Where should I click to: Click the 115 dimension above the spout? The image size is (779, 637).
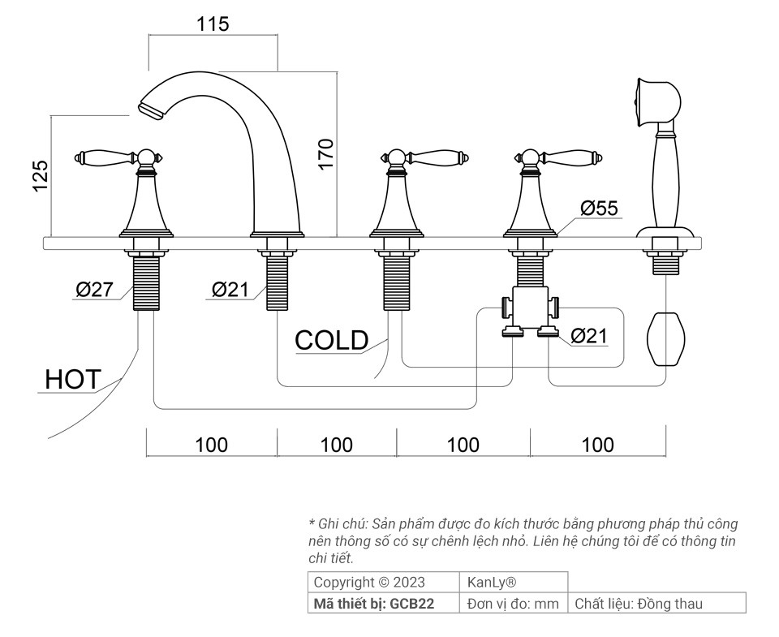pyautogui.click(x=213, y=24)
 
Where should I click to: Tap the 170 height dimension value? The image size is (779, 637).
pyautogui.click(x=326, y=154)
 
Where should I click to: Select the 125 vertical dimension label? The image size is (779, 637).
pyautogui.click(x=41, y=175)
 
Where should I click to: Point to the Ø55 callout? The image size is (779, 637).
pyautogui.click(x=600, y=209)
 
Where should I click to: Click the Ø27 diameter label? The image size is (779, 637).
pyautogui.click(x=94, y=289)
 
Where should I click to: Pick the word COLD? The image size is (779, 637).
pyautogui.click(x=331, y=340)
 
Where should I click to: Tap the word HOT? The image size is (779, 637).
pyautogui.click(x=73, y=380)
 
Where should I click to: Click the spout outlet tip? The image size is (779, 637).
pyautogui.click(x=150, y=110)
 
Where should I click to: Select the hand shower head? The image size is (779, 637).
pyautogui.click(x=657, y=102)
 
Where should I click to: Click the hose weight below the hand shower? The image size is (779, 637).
pyautogui.click(x=665, y=339)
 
